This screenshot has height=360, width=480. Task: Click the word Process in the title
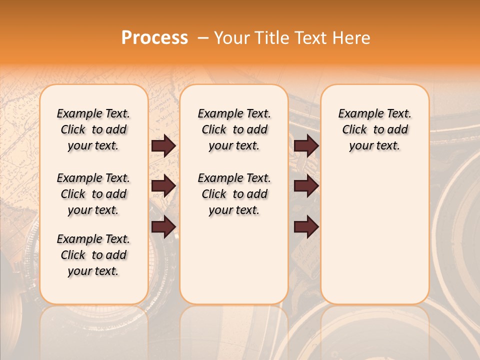pos(154,38)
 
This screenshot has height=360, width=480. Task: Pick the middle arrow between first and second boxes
pos(163,186)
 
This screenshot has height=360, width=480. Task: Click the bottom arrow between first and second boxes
pos(163,227)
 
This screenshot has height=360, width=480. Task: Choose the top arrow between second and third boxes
pos(306,145)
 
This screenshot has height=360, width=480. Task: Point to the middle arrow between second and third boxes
pos(306,186)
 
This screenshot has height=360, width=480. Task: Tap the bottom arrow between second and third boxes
pos(306,227)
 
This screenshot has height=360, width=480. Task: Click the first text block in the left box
pos(93,129)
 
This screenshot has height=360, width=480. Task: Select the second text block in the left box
pos(93,194)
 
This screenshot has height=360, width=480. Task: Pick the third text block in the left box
pos(93,255)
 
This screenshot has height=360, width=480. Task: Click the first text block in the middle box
pos(234,129)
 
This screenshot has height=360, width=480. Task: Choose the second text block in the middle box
pos(234,194)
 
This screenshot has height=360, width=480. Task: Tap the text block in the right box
pos(374,129)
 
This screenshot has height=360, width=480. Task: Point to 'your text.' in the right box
pos(374,146)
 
